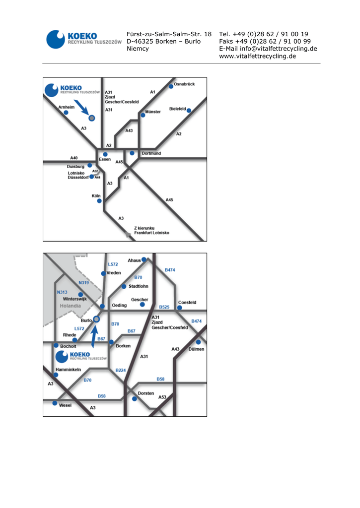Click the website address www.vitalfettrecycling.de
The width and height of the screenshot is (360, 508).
(257, 56)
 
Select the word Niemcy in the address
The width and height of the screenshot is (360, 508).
(138, 49)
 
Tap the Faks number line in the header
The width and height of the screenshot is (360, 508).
(265, 41)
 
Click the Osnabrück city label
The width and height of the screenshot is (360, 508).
(184, 84)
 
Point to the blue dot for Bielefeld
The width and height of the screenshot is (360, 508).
(189, 110)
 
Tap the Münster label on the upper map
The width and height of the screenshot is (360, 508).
(153, 112)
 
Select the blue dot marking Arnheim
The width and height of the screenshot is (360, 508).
(66, 113)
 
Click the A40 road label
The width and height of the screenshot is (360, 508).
(74, 158)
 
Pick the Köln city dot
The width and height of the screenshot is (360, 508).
(99, 201)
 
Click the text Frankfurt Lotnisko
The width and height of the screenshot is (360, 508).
(151, 233)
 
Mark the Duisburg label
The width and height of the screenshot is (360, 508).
(76, 167)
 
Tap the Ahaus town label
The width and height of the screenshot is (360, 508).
(134, 260)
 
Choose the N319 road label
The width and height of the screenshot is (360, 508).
(83, 283)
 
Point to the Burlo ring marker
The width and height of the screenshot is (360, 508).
(97, 319)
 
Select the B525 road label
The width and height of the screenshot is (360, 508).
(164, 307)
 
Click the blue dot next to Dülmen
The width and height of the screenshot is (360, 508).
(198, 342)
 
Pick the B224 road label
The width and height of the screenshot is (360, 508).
(121, 370)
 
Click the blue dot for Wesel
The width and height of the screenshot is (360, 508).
(55, 403)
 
